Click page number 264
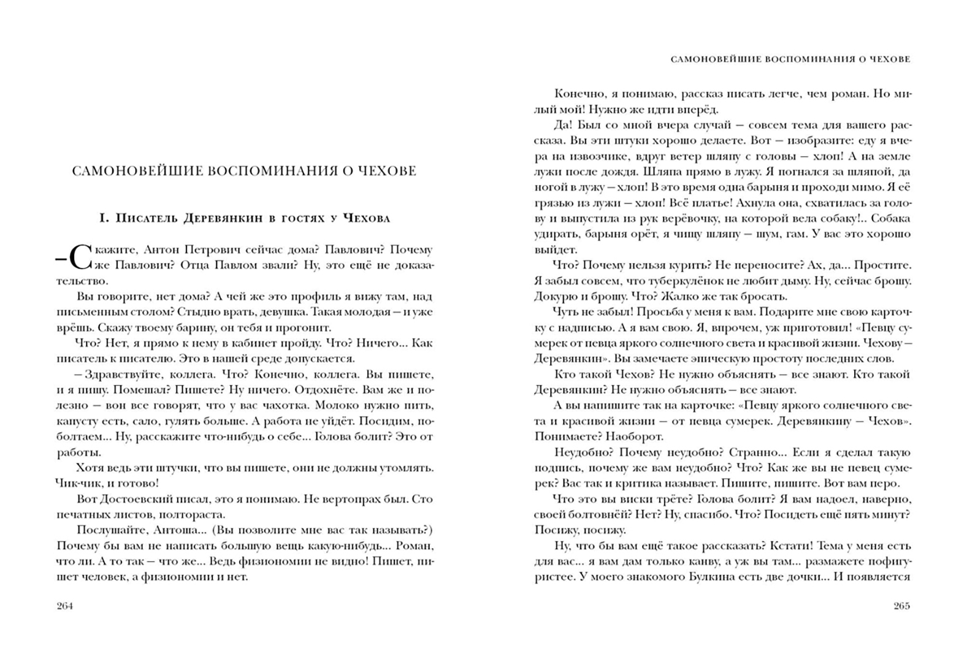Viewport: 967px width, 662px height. point(64,606)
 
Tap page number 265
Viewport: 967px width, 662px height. point(901,606)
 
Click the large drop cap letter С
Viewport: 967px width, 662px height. point(81,257)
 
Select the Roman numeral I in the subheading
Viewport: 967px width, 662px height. point(103,218)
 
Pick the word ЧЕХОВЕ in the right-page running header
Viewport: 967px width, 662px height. point(890,59)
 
